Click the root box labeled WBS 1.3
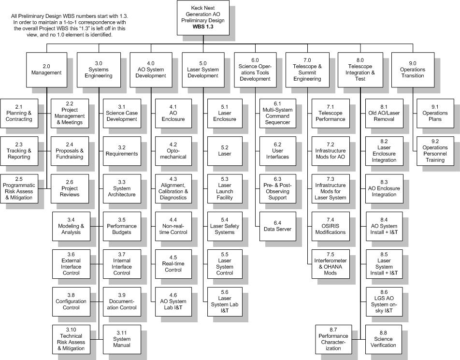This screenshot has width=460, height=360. pyautogui.click(x=203, y=17)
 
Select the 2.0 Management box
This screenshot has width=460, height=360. pyautogui.click(x=46, y=70)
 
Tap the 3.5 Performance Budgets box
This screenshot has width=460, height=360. pyautogui.click(x=122, y=226)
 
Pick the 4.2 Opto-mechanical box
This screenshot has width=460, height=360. pyautogui.click(x=173, y=151)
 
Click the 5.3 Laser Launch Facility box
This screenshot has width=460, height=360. pyautogui.click(x=225, y=188)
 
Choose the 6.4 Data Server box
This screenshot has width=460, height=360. pyautogui.click(x=277, y=226)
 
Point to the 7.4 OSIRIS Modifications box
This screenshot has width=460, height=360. pyautogui.click(x=331, y=226)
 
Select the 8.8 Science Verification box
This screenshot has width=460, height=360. pyautogui.click(x=383, y=339)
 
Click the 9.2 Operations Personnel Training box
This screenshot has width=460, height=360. pyautogui.click(x=435, y=151)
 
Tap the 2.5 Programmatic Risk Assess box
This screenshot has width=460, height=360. pyautogui.click(x=19, y=188)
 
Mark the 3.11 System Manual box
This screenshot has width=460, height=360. pyautogui.click(x=122, y=339)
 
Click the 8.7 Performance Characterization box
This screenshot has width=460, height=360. pyautogui.click(x=333, y=339)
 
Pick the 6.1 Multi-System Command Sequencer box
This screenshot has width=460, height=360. pyautogui.click(x=277, y=113)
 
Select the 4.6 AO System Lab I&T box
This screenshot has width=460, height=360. pyautogui.click(x=173, y=302)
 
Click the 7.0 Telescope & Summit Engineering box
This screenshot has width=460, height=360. pyautogui.click(x=307, y=70)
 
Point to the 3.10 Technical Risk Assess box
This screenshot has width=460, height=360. pyautogui.click(x=71, y=339)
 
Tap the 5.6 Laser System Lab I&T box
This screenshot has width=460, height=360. pyautogui.click(x=225, y=302)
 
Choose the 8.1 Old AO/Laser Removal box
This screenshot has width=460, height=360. pyautogui.click(x=384, y=113)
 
